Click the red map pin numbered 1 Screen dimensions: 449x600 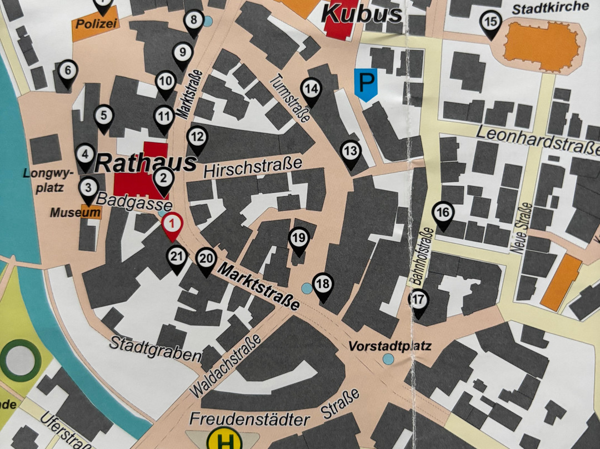(x=172, y=225)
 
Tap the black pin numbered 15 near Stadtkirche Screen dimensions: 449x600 (x=490, y=23)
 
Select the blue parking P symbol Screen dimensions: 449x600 (x=366, y=83)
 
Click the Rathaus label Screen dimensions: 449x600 (x=146, y=163)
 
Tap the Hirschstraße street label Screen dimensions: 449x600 (x=252, y=165)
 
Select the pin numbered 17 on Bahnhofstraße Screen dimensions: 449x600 (x=419, y=300)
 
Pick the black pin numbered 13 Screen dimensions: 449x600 (x=350, y=151)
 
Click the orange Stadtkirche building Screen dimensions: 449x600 (x=542, y=47)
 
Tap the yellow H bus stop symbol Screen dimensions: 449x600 (x=224, y=441)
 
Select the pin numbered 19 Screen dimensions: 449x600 (x=298, y=239)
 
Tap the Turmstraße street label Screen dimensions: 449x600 (x=289, y=99)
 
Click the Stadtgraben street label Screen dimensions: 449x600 (x=155, y=348)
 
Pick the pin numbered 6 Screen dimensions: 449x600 (x=67, y=72)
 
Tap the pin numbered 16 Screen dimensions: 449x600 (x=443, y=213)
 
